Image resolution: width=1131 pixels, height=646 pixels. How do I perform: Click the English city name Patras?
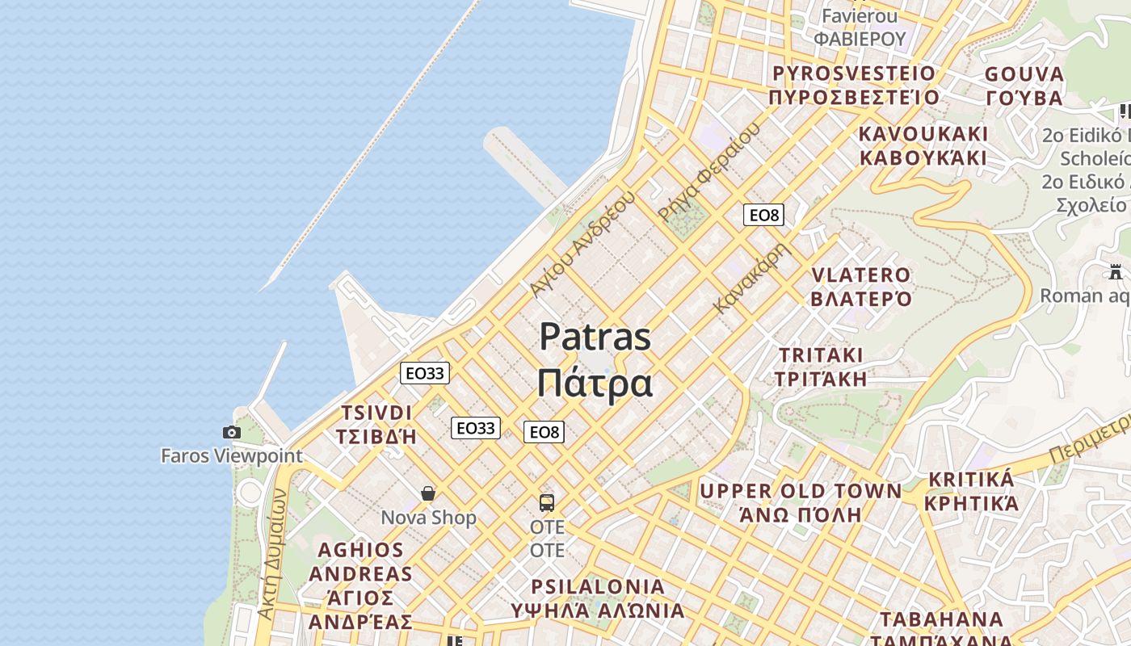click(595, 336)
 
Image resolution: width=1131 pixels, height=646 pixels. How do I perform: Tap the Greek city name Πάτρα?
click(595, 383)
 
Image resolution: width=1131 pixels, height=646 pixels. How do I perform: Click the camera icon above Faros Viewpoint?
click(232, 433)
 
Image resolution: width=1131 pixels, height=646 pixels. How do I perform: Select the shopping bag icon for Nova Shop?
click(428, 493)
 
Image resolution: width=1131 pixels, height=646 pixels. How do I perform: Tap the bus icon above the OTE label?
click(547, 503)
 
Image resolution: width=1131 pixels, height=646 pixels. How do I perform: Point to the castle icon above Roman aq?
click(1116, 272)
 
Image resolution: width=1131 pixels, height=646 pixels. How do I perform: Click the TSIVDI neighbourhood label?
click(376, 413)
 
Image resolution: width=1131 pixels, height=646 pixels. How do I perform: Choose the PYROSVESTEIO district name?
click(854, 73)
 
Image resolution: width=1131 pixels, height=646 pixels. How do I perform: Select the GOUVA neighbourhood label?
click(1024, 74)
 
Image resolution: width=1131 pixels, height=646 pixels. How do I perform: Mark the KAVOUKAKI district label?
click(923, 133)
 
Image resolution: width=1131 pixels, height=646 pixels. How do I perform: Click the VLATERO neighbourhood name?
click(861, 275)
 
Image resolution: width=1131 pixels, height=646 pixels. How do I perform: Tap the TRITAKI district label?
click(821, 355)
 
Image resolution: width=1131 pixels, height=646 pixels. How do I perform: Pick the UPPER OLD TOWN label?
click(801, 491)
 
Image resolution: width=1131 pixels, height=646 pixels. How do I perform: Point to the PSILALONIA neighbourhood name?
click(598, 586)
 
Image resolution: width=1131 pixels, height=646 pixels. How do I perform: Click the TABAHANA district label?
click(941, 619)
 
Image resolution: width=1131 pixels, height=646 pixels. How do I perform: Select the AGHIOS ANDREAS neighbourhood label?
click(360, 562)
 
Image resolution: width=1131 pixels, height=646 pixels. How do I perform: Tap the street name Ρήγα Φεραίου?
click(709, 172)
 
